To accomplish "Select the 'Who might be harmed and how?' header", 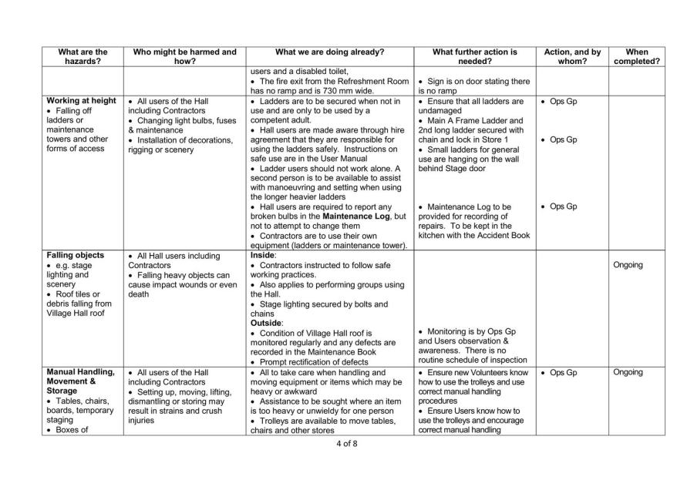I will coord(184,56).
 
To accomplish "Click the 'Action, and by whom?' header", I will coord(571,56).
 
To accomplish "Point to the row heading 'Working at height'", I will coord(82,101).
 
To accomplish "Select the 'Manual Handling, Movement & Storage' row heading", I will coord(81,382).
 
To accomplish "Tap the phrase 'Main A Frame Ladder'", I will coord(473,120).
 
